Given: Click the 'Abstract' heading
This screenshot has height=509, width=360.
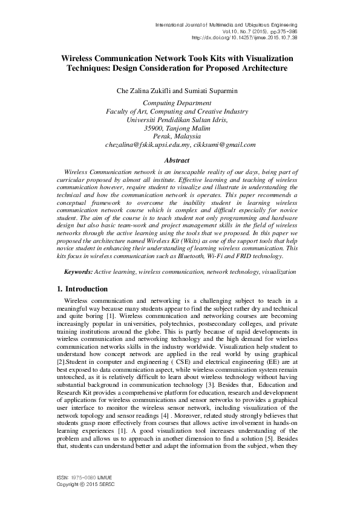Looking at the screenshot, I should coord(180,160).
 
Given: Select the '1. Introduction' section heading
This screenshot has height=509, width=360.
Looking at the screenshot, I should coord(82,289).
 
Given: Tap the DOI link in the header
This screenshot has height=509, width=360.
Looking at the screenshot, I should coord(244,37).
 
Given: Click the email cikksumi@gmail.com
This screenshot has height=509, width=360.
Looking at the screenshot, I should coord(224,144).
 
